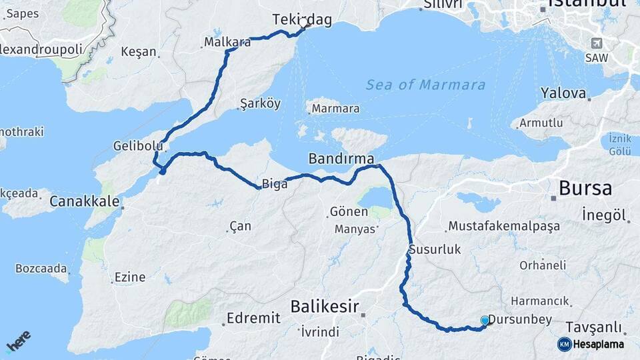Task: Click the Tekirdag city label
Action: click(x=302, y=21)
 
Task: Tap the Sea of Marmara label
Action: click(x=425, y=85)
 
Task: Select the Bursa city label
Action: click(x=585, y=188)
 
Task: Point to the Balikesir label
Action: click(x=325, y=307)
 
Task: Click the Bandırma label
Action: click(x=340, y=159)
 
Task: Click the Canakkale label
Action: click(x=85, y=201)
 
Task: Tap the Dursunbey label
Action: click(x=520, y=320)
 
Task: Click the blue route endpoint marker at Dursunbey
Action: click(x=485, y=321)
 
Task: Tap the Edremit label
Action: click(x=253, y=318)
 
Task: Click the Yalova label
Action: click(x=563, y=93)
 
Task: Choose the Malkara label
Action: click(x=227, y=43)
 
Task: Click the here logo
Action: click(x=19, y=341)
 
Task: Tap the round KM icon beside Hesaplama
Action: click(x=564, y=344)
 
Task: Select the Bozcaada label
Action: click(x=42, y=269)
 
